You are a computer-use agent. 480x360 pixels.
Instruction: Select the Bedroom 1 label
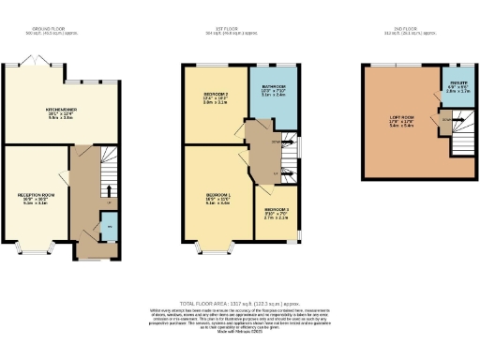[x=217, y=198]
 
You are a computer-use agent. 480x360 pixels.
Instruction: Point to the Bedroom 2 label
[x=217, y=98]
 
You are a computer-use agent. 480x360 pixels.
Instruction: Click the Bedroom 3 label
[x=276, y=213]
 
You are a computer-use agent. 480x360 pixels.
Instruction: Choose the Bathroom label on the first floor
[x=274, y=90]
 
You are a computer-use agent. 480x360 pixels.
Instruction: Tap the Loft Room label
[x=401, y=121]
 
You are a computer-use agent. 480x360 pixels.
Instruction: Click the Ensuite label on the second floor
[x=456, y=89]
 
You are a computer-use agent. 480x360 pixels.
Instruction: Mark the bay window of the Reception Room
[x=36, y=249]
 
